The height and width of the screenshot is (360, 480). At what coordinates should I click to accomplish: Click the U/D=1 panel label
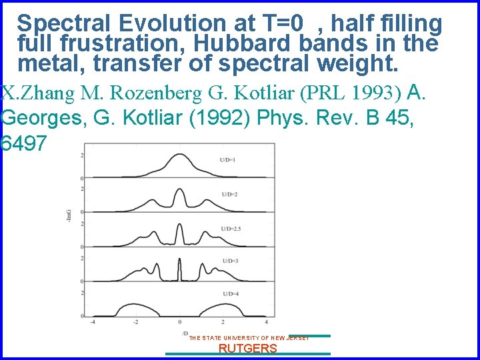[229, 160]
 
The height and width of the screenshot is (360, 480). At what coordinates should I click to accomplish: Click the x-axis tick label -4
[93, 323]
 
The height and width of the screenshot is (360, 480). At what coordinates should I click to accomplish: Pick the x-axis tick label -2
[135, 323]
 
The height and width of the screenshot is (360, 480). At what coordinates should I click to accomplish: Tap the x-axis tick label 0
[179, 323]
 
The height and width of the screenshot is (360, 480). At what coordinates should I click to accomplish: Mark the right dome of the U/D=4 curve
[224, 308]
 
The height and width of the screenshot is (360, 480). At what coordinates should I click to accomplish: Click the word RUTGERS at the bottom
[248, 349]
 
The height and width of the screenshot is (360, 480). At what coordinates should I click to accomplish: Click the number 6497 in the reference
[25, 143]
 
